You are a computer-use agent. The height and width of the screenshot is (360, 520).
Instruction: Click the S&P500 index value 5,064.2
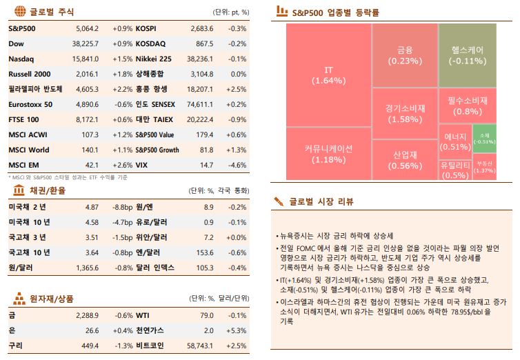(87, 29)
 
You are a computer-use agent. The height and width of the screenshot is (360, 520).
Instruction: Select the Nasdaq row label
(21, 59)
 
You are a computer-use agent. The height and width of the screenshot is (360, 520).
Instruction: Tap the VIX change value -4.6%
(237, 165)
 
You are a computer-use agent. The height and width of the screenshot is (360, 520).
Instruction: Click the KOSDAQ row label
(150, 43)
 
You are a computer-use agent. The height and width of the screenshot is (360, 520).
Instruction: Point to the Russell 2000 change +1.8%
(121, 74)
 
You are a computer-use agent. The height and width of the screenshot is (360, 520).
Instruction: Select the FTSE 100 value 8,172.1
(87, 119)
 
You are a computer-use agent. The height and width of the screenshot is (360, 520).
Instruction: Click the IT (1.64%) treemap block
(328, 75)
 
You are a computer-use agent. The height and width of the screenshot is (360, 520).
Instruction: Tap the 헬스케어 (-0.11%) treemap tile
(467, 55)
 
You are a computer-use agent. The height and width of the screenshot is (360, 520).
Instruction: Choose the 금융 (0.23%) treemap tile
(405, 55)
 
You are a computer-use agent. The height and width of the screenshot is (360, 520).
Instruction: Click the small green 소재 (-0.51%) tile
(484, 138)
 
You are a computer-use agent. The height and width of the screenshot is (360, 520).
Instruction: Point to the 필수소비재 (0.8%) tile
(467, 106)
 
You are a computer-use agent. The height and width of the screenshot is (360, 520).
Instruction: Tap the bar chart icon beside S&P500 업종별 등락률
(281, 11)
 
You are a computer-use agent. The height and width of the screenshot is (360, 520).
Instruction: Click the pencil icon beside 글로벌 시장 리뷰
(279, 201)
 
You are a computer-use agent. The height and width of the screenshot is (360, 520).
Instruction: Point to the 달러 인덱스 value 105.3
(206, 267)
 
